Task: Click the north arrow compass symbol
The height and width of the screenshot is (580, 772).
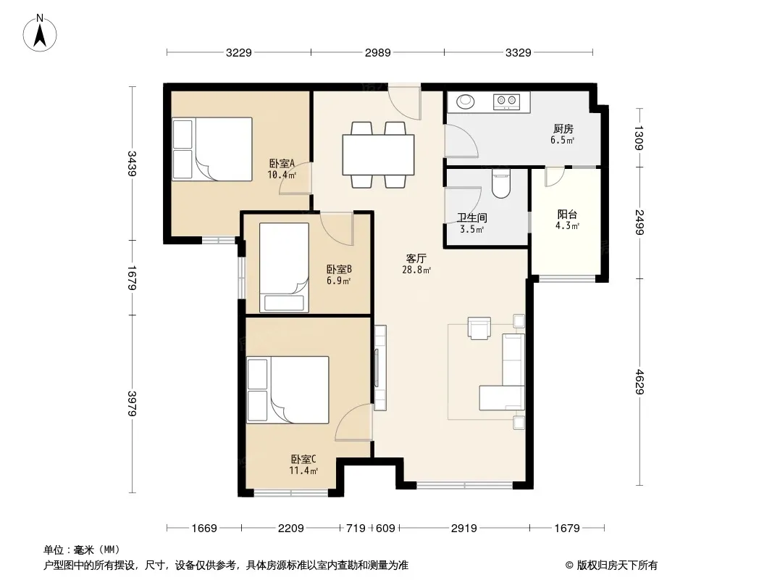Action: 40,33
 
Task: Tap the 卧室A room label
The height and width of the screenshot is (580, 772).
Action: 282,163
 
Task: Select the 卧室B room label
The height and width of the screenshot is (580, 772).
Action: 339,270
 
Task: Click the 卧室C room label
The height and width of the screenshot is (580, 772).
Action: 303,459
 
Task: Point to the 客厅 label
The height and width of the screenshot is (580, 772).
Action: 416,258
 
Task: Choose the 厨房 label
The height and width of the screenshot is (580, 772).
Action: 563,128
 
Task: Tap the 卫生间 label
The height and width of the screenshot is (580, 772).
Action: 471,217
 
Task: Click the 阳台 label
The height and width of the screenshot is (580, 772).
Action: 567,215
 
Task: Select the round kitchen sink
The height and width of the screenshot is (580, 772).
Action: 465,101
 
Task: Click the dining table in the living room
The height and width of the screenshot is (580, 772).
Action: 378,154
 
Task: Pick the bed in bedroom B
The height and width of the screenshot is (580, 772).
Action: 284,268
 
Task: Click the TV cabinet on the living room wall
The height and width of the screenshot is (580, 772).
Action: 379,368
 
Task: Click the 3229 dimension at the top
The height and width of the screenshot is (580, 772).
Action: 239,52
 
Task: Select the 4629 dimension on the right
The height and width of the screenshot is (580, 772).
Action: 639,382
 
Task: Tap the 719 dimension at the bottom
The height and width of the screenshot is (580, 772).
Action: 356,529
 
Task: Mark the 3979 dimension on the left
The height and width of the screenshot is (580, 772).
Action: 132,404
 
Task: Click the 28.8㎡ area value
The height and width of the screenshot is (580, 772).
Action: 416,270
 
